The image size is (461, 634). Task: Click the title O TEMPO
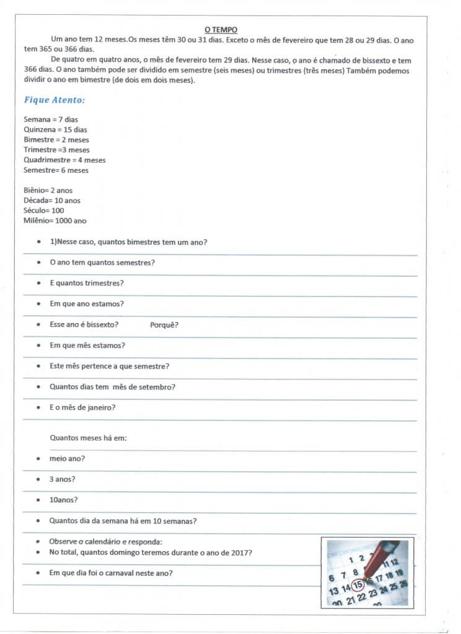pos(221,29)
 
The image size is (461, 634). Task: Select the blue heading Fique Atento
pos(55,100)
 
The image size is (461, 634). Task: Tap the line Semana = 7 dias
pos(51,119)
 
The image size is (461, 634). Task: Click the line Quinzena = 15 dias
pos(55,129)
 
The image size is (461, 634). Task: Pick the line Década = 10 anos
pos(52,201)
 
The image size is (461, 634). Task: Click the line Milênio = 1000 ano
pos(55,220)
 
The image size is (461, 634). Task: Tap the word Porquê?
pos(164,325)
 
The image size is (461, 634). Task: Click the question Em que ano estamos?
pos(87,304)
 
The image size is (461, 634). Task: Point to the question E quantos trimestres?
pos(87,283)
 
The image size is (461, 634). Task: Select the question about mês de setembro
pos(112,387)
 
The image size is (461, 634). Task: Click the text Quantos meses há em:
pos(88,438)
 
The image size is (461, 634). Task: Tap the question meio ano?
pos(68,459)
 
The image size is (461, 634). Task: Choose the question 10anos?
pos(64,500)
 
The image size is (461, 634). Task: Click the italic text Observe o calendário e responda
pos(105,542)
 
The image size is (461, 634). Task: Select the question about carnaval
pos(111,573)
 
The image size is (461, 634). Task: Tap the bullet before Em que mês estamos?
pos(39,345)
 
